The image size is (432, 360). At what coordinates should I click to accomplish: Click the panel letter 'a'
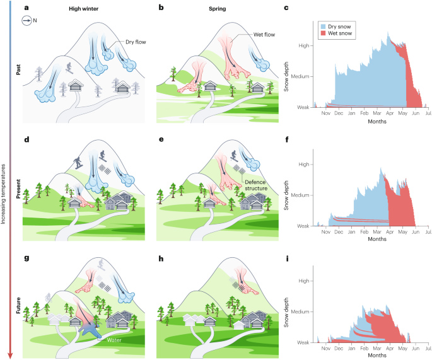click(26, 9)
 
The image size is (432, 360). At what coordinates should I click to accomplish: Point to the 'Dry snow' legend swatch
click(324, 26)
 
